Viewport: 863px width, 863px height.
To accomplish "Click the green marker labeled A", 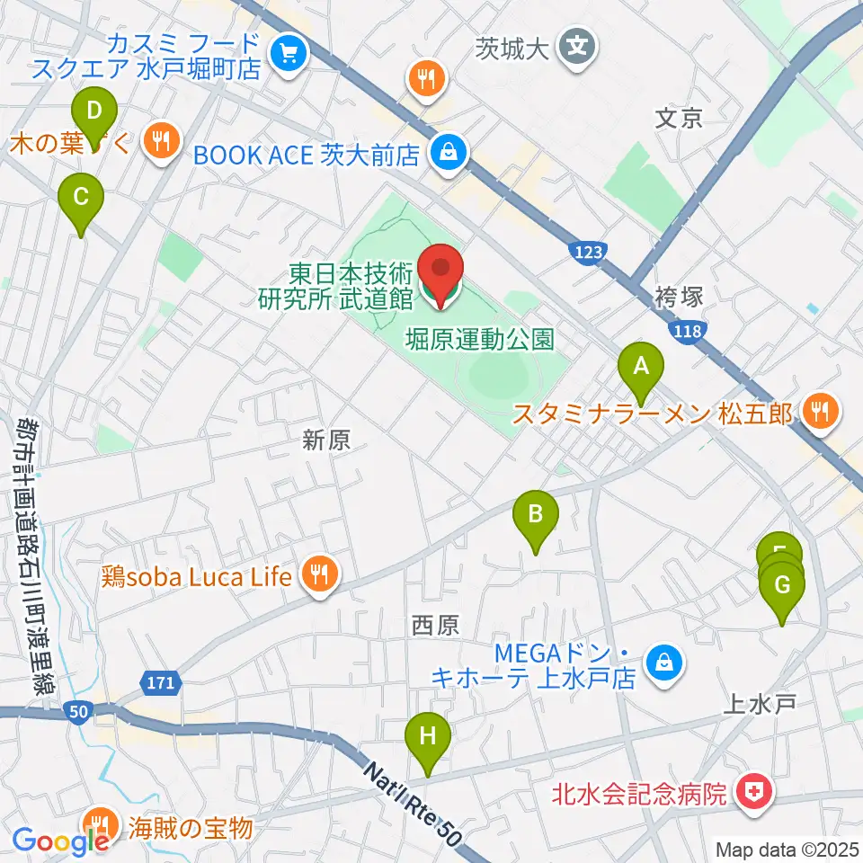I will pyautogui.click(x=641, y=368).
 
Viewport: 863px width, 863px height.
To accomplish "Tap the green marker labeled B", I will pyautogui.click(x=535, y=516).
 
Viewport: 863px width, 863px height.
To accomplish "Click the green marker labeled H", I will pyautogui.click(x=428, y=737).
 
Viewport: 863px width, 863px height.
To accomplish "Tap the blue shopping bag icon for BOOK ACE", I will pyautogui.click(x=447, y=151).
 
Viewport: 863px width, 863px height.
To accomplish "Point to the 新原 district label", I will pyautogui.click(x=325, y=440).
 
